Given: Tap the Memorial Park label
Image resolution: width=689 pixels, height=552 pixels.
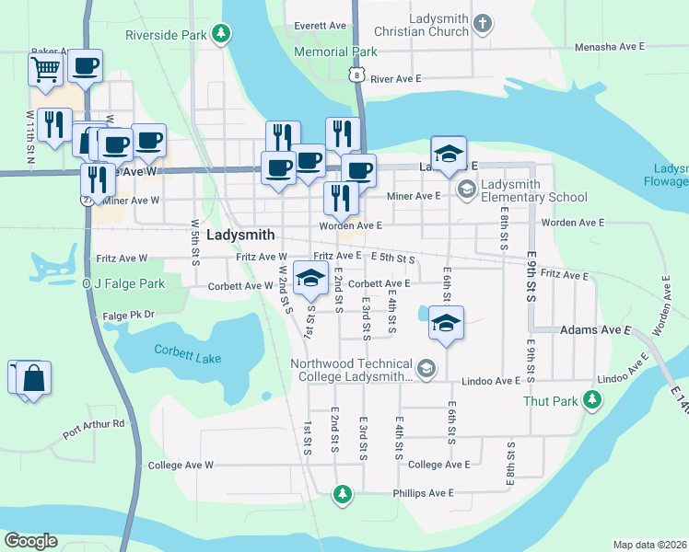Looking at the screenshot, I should point(335,52).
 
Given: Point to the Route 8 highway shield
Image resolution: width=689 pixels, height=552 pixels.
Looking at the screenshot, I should point(356,73).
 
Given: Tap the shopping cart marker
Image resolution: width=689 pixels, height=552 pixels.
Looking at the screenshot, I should point(45,68).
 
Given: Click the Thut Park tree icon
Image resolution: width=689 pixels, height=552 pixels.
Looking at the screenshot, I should point(594,400).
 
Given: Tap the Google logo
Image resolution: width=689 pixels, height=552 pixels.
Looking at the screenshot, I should point(30,540).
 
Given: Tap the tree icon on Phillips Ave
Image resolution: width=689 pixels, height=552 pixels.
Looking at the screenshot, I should point(342,495).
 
